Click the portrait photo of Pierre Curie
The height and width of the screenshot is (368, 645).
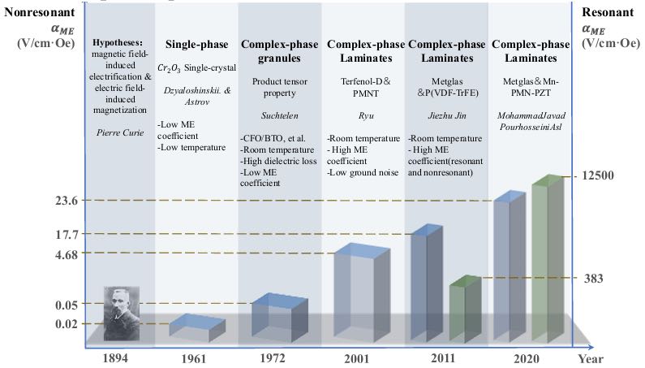point(122,314)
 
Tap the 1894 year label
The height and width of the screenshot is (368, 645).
point(115,357)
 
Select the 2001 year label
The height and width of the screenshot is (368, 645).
point(357,358)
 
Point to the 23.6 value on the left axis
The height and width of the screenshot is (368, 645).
point(67,201)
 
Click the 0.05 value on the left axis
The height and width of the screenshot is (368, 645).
point(67,305)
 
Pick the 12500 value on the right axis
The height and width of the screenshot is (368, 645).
point(597,175)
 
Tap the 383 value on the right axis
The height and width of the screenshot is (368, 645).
point(593,279)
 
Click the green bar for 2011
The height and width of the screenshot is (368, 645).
point(465,308)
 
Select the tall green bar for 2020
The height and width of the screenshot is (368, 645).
point(548,258)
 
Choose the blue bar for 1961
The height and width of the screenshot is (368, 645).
point(197,327)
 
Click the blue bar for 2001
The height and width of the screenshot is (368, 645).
point(362,292)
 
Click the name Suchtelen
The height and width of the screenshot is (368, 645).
point(280,116)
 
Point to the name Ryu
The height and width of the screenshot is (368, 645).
point(366,116)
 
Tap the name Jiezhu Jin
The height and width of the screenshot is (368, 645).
point(447,116)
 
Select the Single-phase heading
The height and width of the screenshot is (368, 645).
point(196,45)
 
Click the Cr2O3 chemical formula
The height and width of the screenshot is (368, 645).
point(169,68)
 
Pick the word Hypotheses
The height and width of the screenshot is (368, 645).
point(118,42)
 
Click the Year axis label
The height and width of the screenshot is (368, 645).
point(591,359)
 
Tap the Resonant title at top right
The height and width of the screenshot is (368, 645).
point(608,12)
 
